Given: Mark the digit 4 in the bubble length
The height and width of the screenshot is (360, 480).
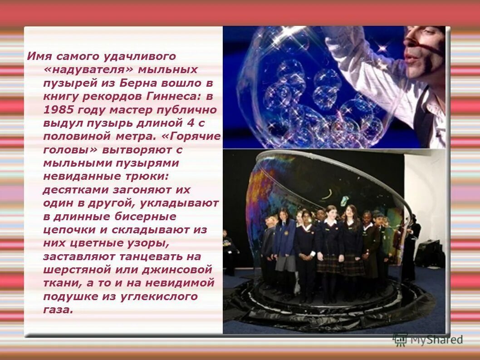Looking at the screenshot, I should coord(190,123).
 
